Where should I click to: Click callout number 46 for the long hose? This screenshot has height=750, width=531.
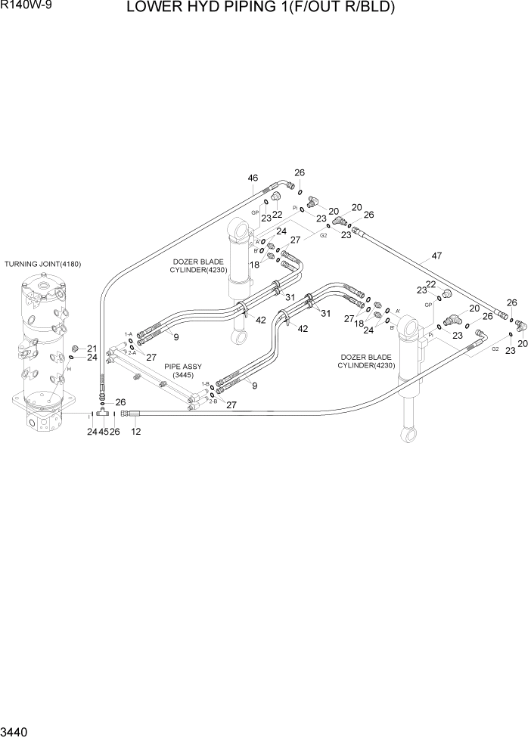pyautogui.click(x=253, y=178)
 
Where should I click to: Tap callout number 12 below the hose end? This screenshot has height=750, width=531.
pyautogui.click(x=136, y=432)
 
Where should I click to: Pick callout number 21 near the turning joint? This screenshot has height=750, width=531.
pyautogui.click(x=92, y=349)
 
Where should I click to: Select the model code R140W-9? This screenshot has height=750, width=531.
pyautogui.click(x=20, y=7)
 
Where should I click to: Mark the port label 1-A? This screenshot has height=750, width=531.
pyautogui.click(x=128, y=333)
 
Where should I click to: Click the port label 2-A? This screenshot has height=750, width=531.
pyautogui.click(x=132, y=352)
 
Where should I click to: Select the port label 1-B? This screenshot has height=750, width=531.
pyautogui.click(x=205, y=384)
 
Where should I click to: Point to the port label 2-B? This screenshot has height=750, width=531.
pyautogui.click(x=203, y=401)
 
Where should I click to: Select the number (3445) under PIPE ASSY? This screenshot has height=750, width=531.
pyautogui.click(x=183, y=375)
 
